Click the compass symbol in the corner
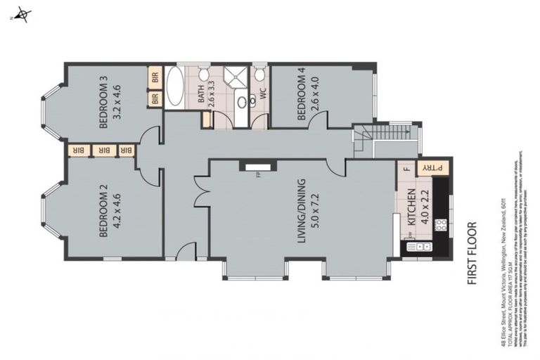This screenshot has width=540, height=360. tap(23, 14)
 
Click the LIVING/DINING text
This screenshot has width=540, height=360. tap(302, 211)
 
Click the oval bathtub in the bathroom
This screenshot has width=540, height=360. tap(176, 89)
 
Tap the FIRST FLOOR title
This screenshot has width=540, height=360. tap(472, 254)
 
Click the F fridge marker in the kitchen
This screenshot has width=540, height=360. tap(406, 169)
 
